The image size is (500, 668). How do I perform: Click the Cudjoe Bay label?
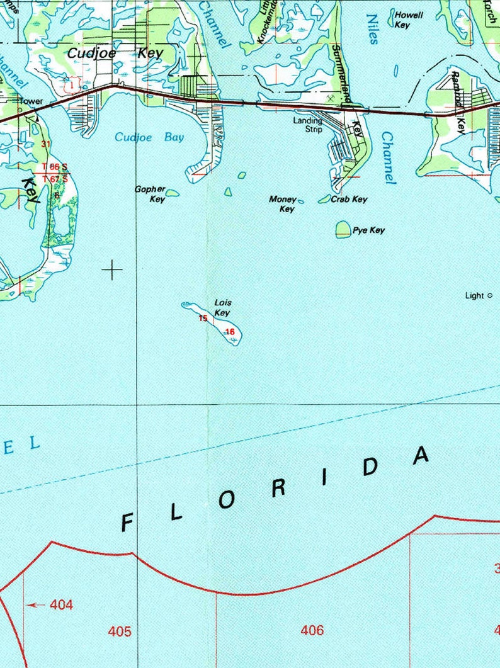(x=149, y=137)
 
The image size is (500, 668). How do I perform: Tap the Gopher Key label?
(x=150, y=194)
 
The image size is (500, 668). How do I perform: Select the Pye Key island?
(x=343, y=229)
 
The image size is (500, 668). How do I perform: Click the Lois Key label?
(x=222, y=308)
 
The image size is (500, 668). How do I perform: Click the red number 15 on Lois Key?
(x=203, y=318)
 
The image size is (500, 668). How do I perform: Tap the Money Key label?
(x=283, y=203)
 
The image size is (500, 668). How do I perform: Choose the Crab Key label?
(x=349, y=199)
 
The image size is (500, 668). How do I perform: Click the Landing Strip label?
(x=308, y=125)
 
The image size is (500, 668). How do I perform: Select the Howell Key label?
(x=409, y=20)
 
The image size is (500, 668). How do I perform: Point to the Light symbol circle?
(x=489, y=295)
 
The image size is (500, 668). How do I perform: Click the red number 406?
(x=312, y=630)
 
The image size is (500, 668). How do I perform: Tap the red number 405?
(x=120, y=631)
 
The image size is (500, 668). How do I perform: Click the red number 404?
(x=61, y=605)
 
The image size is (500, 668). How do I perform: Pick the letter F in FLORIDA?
(x=127, y=522)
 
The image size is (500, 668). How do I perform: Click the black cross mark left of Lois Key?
(x=112, y=270)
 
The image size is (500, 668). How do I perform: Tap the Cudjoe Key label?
(x=115, y=53)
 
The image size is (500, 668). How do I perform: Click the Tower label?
(x=30, y=101)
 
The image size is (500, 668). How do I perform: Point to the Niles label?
(x=373, y=30)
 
